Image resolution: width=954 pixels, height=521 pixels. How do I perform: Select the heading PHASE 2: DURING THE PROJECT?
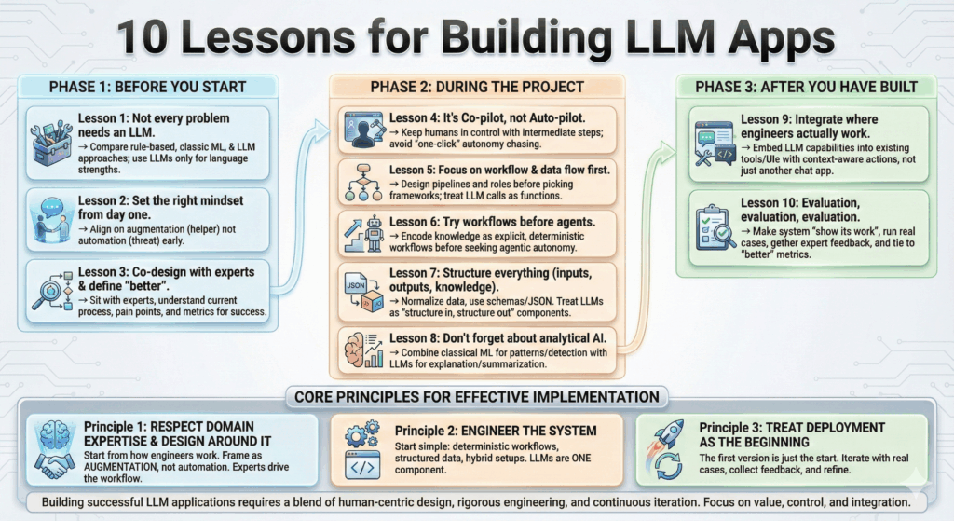tap(476, 87)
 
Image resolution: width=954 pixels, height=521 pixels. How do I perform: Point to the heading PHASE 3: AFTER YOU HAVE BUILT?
tap(806, 87)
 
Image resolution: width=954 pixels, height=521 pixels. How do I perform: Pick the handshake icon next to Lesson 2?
tap(52, 216)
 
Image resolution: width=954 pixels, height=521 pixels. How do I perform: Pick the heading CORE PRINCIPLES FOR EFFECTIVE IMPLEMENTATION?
tap(477, 396)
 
